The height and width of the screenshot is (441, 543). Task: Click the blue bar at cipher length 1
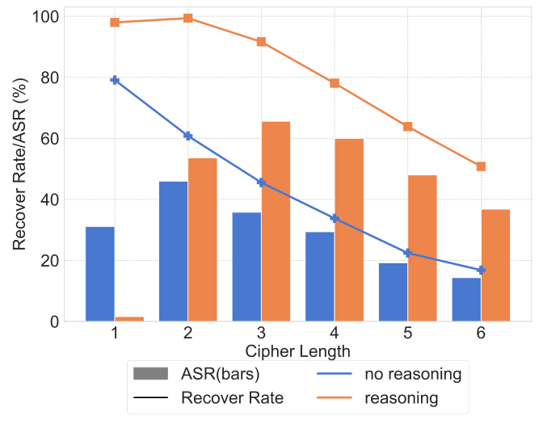100,274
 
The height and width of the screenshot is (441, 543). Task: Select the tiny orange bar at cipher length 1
129,318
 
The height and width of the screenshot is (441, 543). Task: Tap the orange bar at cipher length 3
276,221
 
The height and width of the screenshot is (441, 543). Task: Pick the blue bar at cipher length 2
173,251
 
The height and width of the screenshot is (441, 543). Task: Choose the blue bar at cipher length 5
394,292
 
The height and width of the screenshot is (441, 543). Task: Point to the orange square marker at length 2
188,18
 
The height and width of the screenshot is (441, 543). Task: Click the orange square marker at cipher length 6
481,166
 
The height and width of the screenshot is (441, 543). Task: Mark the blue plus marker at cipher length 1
115,80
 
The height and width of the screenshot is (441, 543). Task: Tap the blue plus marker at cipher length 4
335,218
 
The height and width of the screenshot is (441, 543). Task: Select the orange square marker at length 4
335,83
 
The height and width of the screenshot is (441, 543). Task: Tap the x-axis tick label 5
408,334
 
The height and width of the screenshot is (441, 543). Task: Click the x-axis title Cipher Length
297,351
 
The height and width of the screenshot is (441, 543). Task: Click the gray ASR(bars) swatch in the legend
149,375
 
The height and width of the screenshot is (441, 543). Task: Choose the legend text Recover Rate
232,398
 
